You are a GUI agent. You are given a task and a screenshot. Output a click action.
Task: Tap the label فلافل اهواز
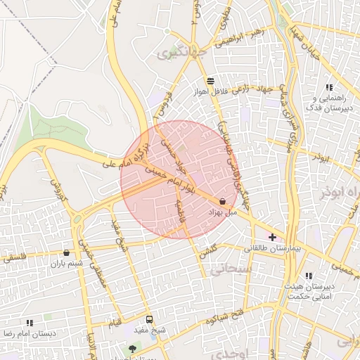pos(212,92)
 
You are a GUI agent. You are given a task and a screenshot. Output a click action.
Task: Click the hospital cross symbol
pos(273,238)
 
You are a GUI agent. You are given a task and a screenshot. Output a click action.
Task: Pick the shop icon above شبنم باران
pos(67,252)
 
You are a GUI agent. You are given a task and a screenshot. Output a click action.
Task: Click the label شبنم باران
pos(66,264)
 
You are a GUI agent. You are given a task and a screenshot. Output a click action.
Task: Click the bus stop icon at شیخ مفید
pos(148,319)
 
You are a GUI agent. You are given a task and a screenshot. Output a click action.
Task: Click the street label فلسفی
pos(17,258)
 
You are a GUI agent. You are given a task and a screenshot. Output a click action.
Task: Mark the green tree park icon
pos(132,348)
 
